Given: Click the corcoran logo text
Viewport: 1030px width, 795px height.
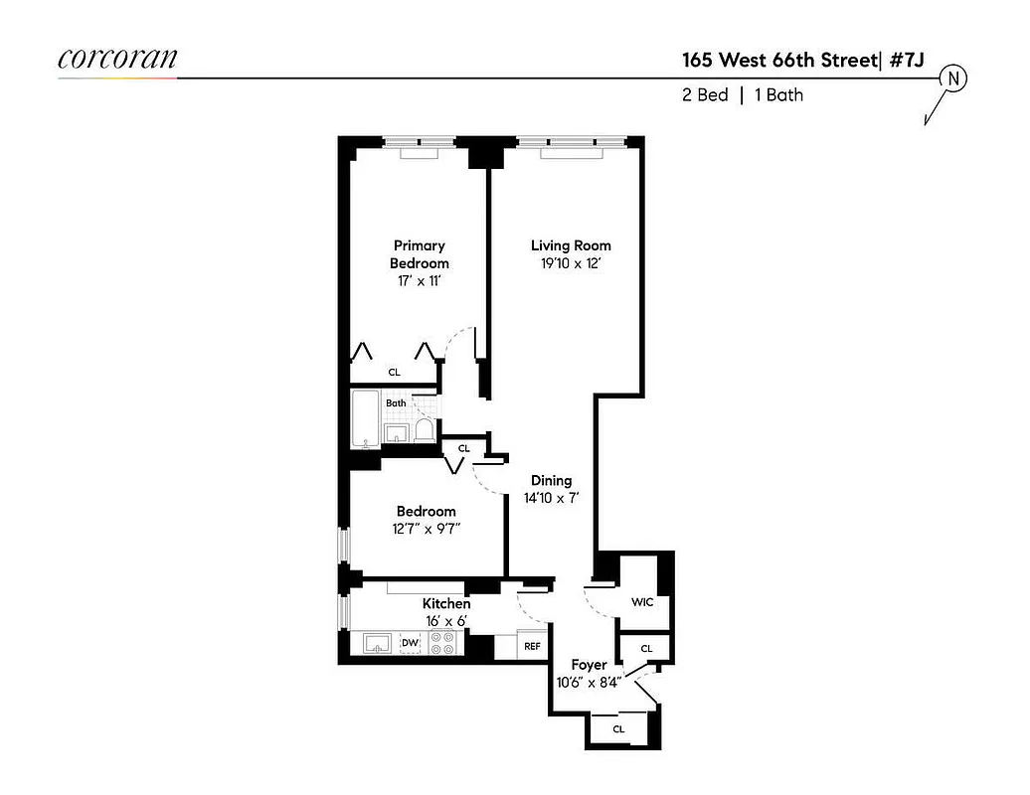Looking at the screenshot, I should point(117,58).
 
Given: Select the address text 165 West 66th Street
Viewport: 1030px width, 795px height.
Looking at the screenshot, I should point(778,60).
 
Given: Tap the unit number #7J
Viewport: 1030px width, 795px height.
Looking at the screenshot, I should point(907,60).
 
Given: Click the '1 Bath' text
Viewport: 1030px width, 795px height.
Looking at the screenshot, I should point(779,95).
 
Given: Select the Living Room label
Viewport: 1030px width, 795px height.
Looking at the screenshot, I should point(571,245).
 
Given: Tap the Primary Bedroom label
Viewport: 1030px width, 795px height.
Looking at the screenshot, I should point(419,254).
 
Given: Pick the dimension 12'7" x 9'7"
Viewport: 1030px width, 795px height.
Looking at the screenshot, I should point(425,529).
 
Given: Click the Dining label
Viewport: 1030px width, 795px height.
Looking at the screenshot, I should point(551,480).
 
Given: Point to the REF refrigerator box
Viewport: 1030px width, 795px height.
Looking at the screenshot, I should point(532,645).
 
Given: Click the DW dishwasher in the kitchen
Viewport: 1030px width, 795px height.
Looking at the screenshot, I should point(410,644).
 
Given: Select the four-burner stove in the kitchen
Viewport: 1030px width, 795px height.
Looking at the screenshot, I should point(442,643).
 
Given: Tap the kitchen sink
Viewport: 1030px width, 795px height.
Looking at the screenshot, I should point(378,644).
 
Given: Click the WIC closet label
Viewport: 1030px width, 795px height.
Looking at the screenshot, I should point(642,602).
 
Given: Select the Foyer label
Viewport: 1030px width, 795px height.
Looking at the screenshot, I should point(589,664).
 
